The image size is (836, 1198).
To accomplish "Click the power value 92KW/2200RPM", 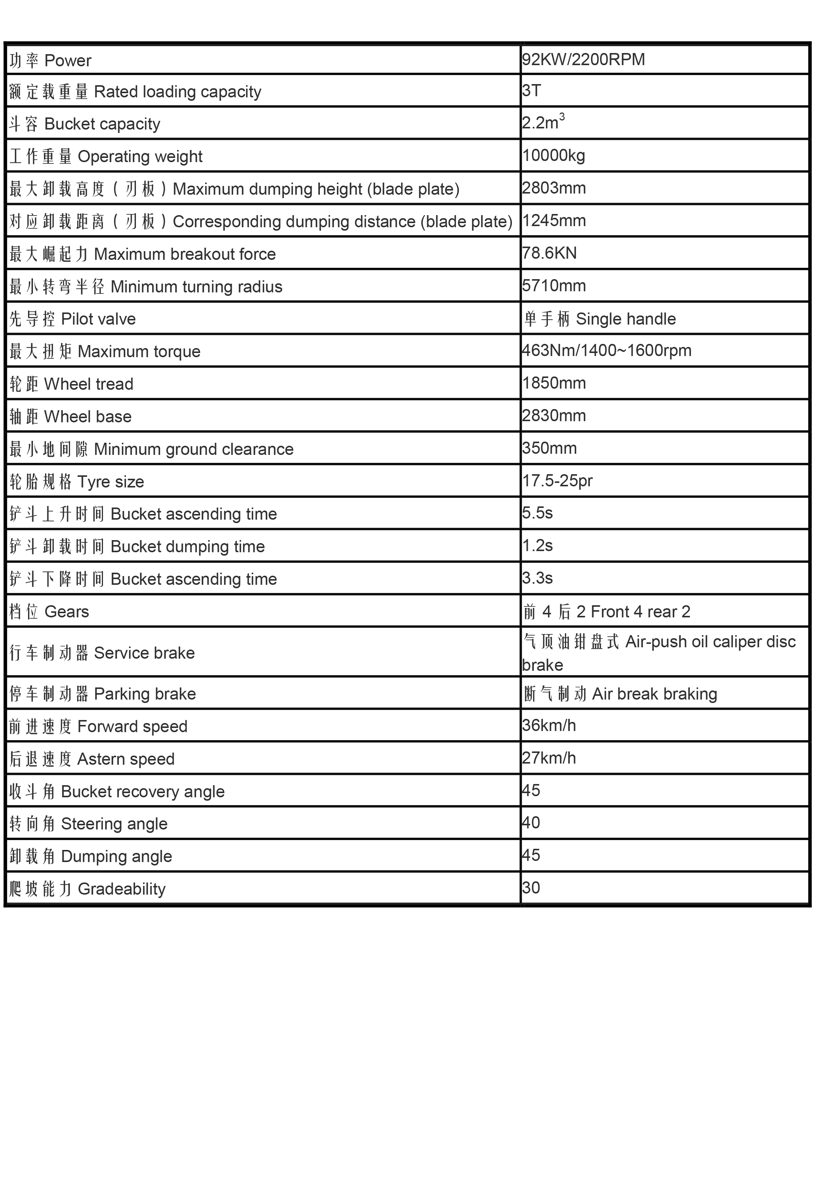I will [x=583, y=59].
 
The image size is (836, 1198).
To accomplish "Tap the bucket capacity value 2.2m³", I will [x=543, y=123].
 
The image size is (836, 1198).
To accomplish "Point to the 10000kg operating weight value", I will [x=553, y=156].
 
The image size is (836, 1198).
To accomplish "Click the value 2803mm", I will [x=554, y=188].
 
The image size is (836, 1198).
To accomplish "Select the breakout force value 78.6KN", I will [x=549, y=253].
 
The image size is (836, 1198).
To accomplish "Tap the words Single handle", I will [x=625, y=319].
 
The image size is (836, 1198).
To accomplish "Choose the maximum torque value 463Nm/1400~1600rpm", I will [x=607, y=351].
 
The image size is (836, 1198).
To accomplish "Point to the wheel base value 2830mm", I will [x=554, y=416].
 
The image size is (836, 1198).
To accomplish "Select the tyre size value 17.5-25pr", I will [x=557, y=481].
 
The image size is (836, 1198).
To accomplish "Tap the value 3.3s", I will [x=537, y=578].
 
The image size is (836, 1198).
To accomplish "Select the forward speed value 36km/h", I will [x=549, y=726].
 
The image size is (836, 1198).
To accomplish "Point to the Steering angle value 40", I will [x=531, y=823].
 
